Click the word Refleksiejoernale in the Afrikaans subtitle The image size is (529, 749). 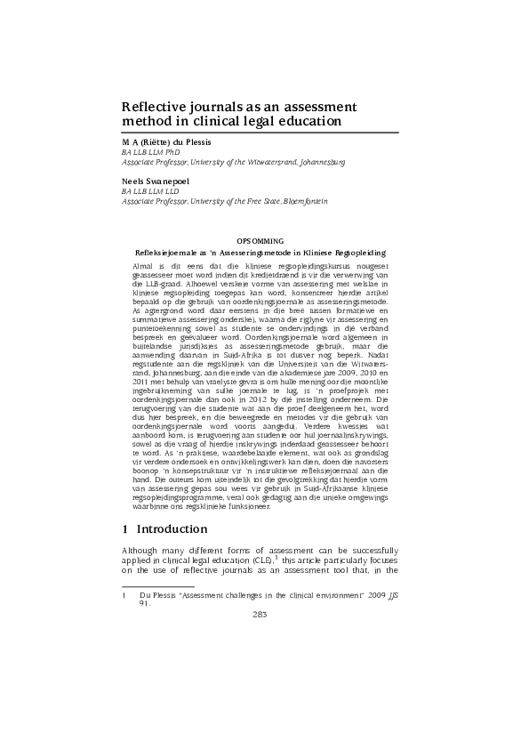[x=162, y=253]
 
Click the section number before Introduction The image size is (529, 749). [x=125, y=529]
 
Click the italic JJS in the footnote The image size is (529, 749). [x=389, y=593]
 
